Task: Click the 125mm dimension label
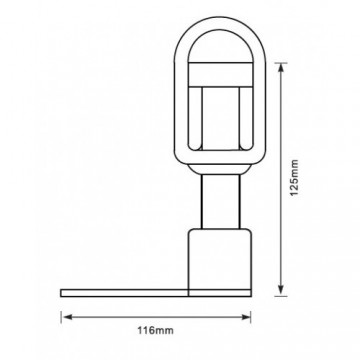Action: point(294,178)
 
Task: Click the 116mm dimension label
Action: point(156,331)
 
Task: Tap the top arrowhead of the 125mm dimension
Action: point(281,67)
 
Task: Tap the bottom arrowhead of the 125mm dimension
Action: point(281,291)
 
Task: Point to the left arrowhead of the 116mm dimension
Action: point(67,317)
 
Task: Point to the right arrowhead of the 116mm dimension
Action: point(246,317)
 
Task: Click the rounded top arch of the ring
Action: point(220,23)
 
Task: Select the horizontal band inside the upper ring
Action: point(220,74)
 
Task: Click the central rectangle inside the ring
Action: point(220,118)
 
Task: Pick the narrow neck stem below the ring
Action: point(220,202)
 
